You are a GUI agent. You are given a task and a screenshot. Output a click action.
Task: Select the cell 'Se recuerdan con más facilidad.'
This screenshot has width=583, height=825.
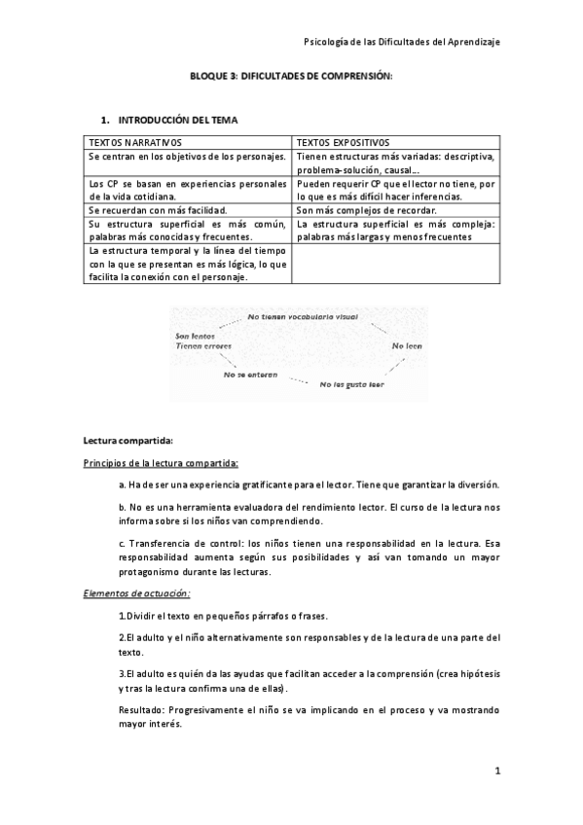(158, 209)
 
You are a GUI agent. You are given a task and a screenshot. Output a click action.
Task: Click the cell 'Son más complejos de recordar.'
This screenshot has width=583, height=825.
(367, 209)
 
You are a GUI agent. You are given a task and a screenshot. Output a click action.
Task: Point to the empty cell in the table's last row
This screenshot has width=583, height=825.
(396, 263)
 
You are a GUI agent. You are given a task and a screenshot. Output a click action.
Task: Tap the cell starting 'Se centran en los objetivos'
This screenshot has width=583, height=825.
(186, 156)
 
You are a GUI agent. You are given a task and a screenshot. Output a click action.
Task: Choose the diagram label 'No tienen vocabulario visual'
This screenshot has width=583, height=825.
(303, 317)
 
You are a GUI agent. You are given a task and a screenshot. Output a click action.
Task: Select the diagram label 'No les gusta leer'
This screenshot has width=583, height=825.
(352, 384)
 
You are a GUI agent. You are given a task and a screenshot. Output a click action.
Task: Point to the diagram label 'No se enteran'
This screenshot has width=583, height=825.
(249, 374)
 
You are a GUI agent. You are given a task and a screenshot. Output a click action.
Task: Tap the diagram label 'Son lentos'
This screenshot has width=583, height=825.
(195, 336)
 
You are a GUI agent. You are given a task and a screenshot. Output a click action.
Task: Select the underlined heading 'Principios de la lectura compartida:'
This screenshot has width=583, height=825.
(161, 462)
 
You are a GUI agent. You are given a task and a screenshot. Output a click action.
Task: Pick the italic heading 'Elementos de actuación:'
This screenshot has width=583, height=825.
(136, 592)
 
